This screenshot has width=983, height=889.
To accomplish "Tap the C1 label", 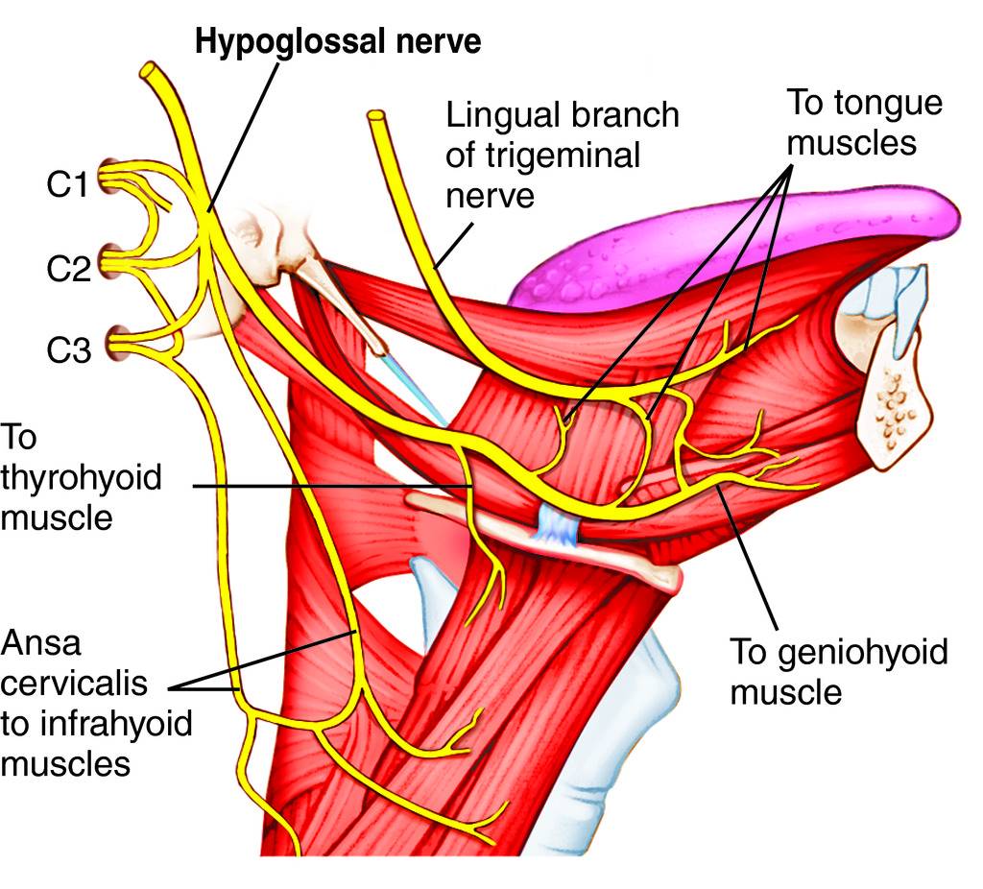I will tap(69, 184).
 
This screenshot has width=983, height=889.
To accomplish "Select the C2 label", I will tap(69, 268).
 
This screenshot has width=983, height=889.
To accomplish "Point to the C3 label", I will tap(69, 349).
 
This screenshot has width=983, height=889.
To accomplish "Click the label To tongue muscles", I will tap(851, 122).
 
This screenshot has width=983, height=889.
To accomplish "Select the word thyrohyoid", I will tap(81, 479).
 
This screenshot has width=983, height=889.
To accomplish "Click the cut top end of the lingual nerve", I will tap(376, 119).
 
